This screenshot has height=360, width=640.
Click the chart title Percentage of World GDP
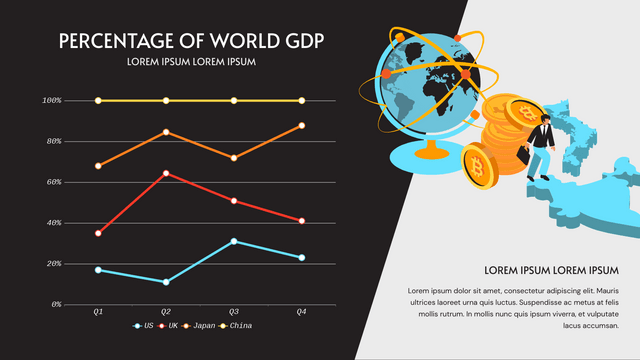pos(191,41)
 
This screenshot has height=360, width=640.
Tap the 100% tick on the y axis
pos(52,101)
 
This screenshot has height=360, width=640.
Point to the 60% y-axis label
pos(53,182)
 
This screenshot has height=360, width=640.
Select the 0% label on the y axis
pos(55,304)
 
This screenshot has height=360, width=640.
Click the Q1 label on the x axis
pos(98,313)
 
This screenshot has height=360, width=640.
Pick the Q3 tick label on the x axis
pos(234,313)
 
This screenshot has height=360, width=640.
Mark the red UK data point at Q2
pos(166,174)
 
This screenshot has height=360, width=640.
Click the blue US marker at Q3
pos(234,241)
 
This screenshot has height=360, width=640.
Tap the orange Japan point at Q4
pos(302,125)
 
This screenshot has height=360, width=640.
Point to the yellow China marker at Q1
pos(98,101)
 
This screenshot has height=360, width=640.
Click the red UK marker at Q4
pos(302,221)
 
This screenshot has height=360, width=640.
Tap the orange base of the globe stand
pos(431,156)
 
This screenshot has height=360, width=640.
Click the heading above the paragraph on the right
pos(551,270)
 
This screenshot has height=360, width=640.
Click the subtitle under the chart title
pos(191,62)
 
